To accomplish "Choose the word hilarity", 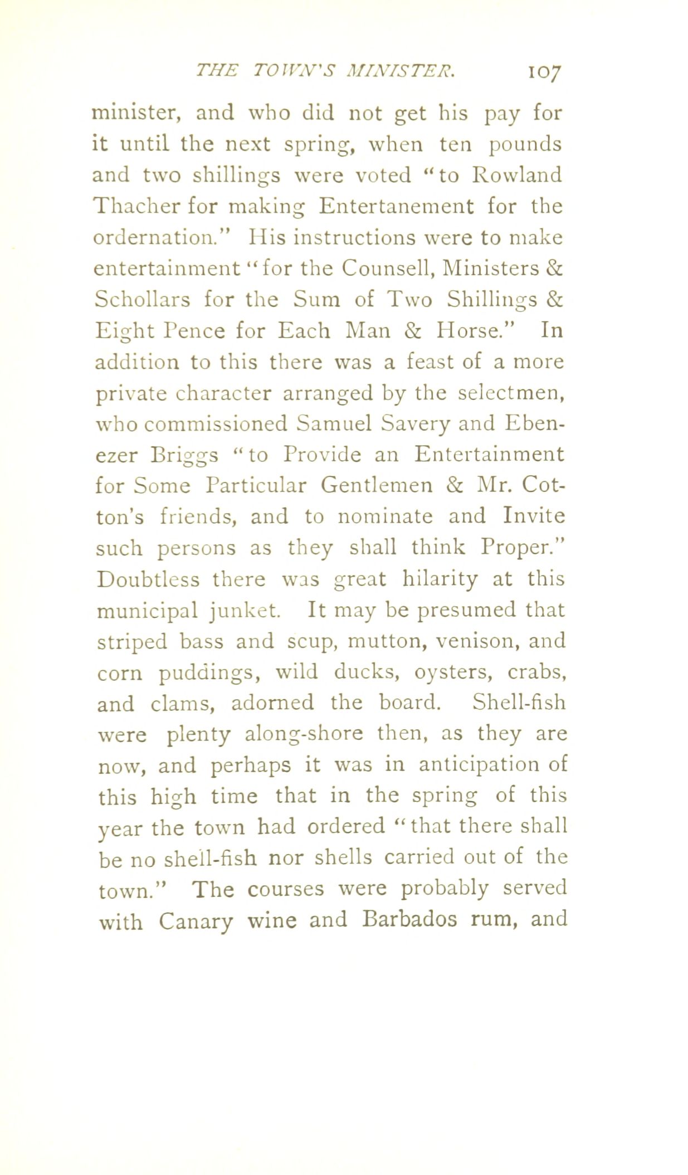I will coord(440,579).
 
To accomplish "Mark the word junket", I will coord(245,611).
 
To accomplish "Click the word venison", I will coord(476,641).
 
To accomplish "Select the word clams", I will coord(183,704).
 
